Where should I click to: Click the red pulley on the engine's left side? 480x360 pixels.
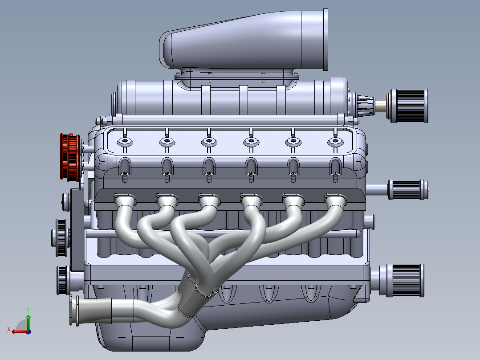(69, 156)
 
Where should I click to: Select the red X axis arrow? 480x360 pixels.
(18, 331)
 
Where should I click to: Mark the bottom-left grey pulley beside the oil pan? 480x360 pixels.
(62, 280)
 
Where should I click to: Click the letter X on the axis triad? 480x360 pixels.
(8, 329)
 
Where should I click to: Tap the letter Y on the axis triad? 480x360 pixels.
(28, 309)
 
